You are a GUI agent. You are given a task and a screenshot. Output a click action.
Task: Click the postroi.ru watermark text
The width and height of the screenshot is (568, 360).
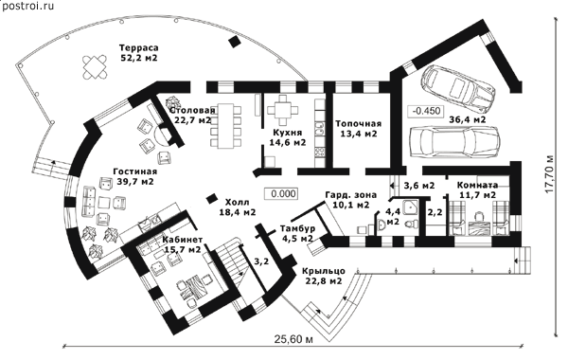pos(28,6)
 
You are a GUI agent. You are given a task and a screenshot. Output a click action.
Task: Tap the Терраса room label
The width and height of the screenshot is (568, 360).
pos(139,48)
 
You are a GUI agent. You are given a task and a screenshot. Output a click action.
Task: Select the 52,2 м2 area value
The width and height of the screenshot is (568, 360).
pos(139,58)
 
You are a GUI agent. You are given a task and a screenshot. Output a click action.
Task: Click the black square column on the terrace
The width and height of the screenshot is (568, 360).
pos(235,42)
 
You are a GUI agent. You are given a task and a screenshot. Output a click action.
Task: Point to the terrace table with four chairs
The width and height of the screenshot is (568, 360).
pos(95,66)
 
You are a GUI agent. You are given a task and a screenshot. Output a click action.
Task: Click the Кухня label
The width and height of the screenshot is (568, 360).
pos(288,133)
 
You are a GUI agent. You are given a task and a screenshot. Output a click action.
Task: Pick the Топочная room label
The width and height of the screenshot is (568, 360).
pos(358,123)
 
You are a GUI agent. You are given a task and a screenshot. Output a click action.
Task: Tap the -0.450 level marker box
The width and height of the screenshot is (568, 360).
pos(425,111)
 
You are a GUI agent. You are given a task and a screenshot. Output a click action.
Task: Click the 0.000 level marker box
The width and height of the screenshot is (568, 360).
pos(281,193)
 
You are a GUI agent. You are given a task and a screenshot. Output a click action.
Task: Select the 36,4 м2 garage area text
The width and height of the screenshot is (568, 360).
pos(468,119)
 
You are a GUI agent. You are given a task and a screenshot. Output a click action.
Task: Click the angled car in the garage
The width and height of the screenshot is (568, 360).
pos(457,89)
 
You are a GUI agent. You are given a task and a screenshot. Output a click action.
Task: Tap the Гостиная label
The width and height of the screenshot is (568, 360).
pos(135,171)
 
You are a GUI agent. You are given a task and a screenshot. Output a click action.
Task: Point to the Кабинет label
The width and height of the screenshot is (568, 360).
pos(182,240)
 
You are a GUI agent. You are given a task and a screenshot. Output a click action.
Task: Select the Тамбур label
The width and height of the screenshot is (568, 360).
pos(297,228)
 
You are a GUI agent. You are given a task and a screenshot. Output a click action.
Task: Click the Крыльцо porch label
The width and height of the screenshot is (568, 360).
pos(324,271)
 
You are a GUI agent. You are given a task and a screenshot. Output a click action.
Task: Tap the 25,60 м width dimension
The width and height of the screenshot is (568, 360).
pos(293,340)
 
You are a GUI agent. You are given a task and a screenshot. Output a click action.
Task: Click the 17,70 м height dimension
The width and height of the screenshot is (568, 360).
pos(550,174)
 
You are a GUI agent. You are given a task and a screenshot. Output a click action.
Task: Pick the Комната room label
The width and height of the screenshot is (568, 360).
pos(477,186)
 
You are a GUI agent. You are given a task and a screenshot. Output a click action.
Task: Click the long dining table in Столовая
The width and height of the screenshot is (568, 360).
pos(225,126)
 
